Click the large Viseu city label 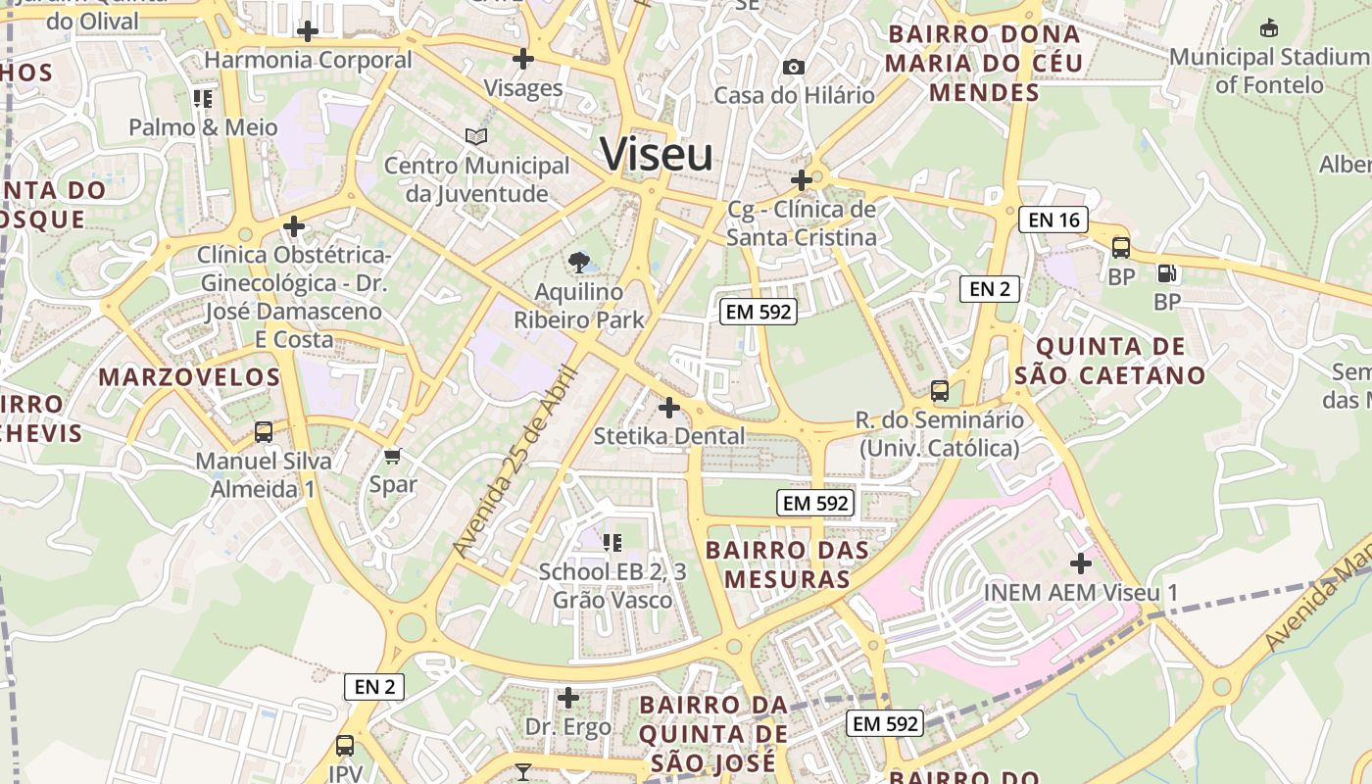(x=657, y=155)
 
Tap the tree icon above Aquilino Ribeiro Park (x=579, y=262)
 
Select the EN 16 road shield (x=1054, y=220)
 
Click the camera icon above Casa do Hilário (x=794, y=67)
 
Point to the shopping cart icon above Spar (x=393, y=455)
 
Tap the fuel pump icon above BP (x=1166, y=273)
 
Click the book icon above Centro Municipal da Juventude (x=476, y=136)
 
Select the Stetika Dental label (x=669, y=436)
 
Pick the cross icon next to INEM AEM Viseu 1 (x=1081, y=563)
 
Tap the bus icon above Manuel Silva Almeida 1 (x=264, y=431)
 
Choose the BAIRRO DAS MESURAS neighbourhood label (x=787, y=564)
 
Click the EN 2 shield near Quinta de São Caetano (x=990, y=288)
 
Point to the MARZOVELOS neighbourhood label (x=189, y=377)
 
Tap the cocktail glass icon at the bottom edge (x=523, y=772)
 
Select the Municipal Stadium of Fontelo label (x=1269, y=71)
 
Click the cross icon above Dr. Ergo (x=567, y=698)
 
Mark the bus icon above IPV (x=345, y=746)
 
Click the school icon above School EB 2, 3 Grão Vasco (x=612, y=542)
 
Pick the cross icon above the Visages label (x=523, y=59)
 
